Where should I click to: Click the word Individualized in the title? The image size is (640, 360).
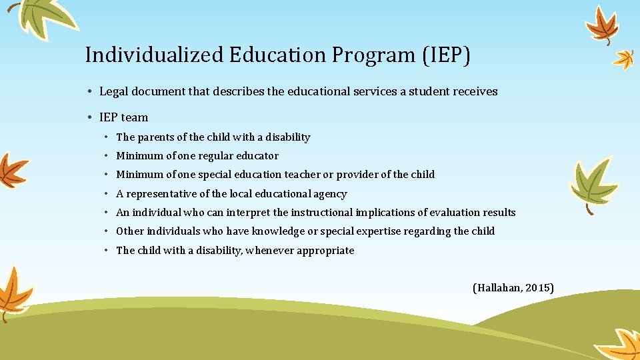[154, 55]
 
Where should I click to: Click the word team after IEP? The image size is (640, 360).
[135, 117]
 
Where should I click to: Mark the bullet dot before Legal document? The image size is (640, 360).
[89, 91]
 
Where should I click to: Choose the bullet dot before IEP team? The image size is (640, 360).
[89, 117]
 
